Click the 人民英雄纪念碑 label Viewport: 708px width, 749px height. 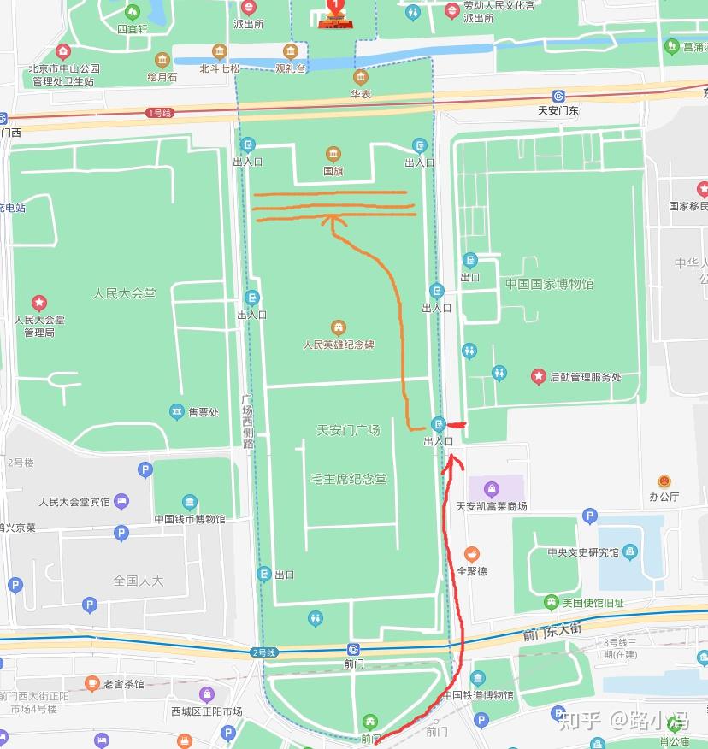click(x=339, y=345)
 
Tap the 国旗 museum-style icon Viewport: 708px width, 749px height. click(x=333, y=155)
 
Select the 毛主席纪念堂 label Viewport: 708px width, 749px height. click(x=348, y=479)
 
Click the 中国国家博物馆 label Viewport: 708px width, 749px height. click(x=548, y=284)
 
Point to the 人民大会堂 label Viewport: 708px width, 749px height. click(x=125, y=293)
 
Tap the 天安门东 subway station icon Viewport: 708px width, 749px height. click(x=558, y=97)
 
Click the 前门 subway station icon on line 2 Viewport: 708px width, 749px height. click(x=353, y=650)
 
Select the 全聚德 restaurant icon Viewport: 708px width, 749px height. click(x=472, y=554)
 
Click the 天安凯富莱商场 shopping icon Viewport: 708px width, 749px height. click(x=492, y=489)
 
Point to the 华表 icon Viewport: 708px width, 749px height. click(x=361, y=77)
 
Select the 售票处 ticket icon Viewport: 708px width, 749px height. click(x=177, y=412)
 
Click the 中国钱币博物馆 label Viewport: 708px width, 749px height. click(x=190, y=519)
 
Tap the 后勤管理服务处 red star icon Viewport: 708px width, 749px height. click(x=538, y=376)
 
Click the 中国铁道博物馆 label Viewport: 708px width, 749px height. click(x=479, y=696)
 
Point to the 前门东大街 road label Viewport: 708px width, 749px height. click(x=552, y=632)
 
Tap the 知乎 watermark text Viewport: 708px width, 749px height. click(x=580, y=720)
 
